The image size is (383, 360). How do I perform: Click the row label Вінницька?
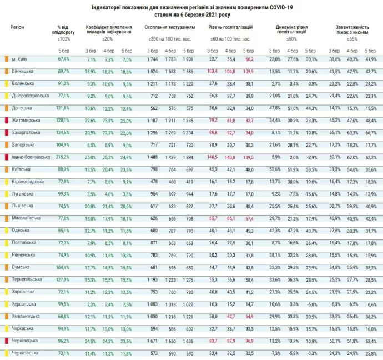click(23, 71)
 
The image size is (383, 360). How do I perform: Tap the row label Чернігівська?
click(25, 352)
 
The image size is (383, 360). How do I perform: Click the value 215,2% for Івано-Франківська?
click(63, 157)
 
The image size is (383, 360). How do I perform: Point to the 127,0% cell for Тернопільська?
click(63, 279)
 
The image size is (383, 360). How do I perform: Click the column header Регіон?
click(18, 27)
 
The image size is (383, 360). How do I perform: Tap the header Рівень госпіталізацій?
click(231, 27)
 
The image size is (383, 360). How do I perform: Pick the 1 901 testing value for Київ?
click(188, 59)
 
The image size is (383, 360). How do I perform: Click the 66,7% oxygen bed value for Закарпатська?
click(371, 132)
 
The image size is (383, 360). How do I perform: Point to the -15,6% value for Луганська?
click(310, 193)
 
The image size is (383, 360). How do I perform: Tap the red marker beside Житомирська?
click(6, 120)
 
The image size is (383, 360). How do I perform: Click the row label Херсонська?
click(24, 303)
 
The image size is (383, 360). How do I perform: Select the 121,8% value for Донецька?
click(63, 108)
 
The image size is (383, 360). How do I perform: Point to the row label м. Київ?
click(21, 59)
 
